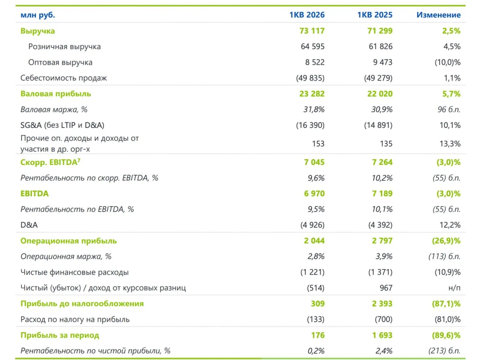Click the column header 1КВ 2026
pyautogui.click(x=307, y=15)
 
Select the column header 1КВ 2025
pyautogui.click(x=375, y=15)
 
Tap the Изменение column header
pyautogui.click(x=438, y=15)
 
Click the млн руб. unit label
pyautogui.click(x=38, y=15)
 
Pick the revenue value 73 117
pyautogui.click(x=312, y=31)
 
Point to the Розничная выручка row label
pyautogui.click(x=65, y=47)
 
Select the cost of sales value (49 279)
pyautogui.click(x=378, y=78)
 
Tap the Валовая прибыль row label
pyautogui.click(x=56, y=94)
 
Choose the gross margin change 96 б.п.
pyautogui.click(x=449, y=109)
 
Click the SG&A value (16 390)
pyautogui.click(x=310, y=125)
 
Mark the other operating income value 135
pyautogui.click(x=386, y=144)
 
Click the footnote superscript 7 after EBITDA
pyautogui.click(x=79, y=160)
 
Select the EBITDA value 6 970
pyautogui.click(x=314, y=193)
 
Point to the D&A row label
pyautogui.click(x=29, y=225)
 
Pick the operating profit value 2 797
pyautogui.click(x=382, y=241)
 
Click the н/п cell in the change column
pyautogui.click(x=454, y=288)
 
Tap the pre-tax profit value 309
pyautogui.click(x=318, y=303)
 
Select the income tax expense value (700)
pyautogui.click(x=384, y=319)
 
